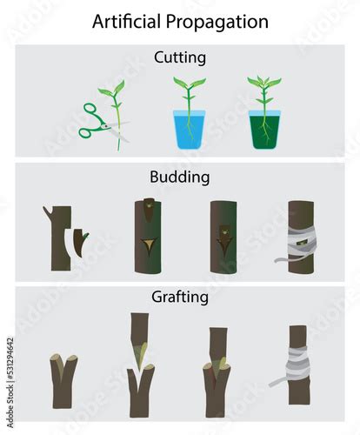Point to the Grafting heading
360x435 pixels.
180,298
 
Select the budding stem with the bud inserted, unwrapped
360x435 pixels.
223,237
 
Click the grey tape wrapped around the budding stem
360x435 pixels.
299,244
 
